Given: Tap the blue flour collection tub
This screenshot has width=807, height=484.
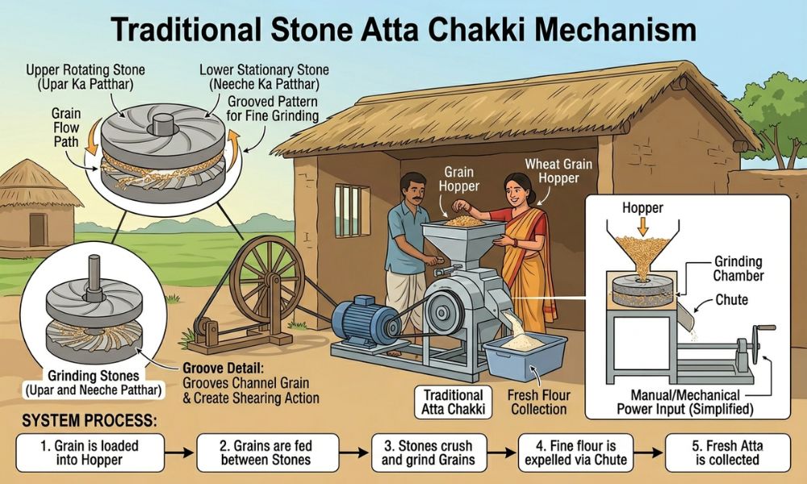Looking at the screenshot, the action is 525,355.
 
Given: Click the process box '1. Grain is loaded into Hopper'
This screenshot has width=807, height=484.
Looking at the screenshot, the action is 90,453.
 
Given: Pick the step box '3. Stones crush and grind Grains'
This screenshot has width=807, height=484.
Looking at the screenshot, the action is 429,453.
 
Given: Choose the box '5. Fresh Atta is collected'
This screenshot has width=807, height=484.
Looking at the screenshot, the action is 727,453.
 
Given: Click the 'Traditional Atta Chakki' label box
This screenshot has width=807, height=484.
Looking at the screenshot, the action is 453,402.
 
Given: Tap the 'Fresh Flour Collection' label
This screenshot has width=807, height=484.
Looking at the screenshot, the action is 539,403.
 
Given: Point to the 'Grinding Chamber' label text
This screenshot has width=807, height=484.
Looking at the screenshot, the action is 738,269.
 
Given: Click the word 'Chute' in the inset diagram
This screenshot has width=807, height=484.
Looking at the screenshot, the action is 731,299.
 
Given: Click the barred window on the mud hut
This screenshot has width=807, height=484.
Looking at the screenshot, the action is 353,211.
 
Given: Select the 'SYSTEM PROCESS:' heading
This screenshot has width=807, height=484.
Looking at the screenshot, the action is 89,421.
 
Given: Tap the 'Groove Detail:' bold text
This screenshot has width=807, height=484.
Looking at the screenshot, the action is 223,369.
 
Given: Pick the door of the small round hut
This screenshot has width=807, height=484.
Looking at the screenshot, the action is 37,230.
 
